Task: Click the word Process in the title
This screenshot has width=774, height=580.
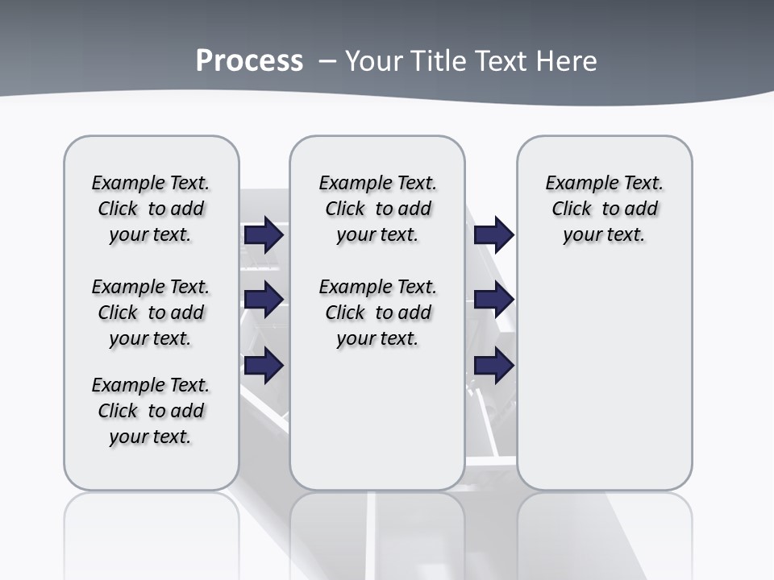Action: pyautogui.click(x=249, y=61)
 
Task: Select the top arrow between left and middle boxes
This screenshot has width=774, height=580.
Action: pyautogui.click(x=264, y=234)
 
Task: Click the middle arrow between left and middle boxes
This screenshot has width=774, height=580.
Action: pyautogui.click(x=264, y=300)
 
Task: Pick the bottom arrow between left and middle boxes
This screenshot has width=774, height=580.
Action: pyautogui.click(x=264, y=366)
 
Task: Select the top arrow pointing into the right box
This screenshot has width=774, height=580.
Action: pyautogui.click(x=493, y=234)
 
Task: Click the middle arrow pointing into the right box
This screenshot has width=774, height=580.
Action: pyautogui.click(x=493, y=300)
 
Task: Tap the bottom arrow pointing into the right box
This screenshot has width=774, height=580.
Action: pyautogui.click(x=493, y=366)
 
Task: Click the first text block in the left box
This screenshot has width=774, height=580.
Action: pyautogui.click(x=151, y=209)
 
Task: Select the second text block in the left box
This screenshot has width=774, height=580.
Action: pyautogui.click(x=151, y=313)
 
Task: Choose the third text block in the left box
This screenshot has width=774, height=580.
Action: pyautogui.click(x=151, y=411)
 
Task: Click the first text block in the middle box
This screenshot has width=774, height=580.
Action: pyautogui.click(x=378, y=209)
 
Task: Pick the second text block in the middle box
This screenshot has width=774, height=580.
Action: pyautogui.click(x=378, y=313)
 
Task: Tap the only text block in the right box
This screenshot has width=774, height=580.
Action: pyautogui.click(x=605, y=209)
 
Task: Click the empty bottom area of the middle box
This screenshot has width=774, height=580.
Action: pyautogui.click(x=377, y=427)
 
